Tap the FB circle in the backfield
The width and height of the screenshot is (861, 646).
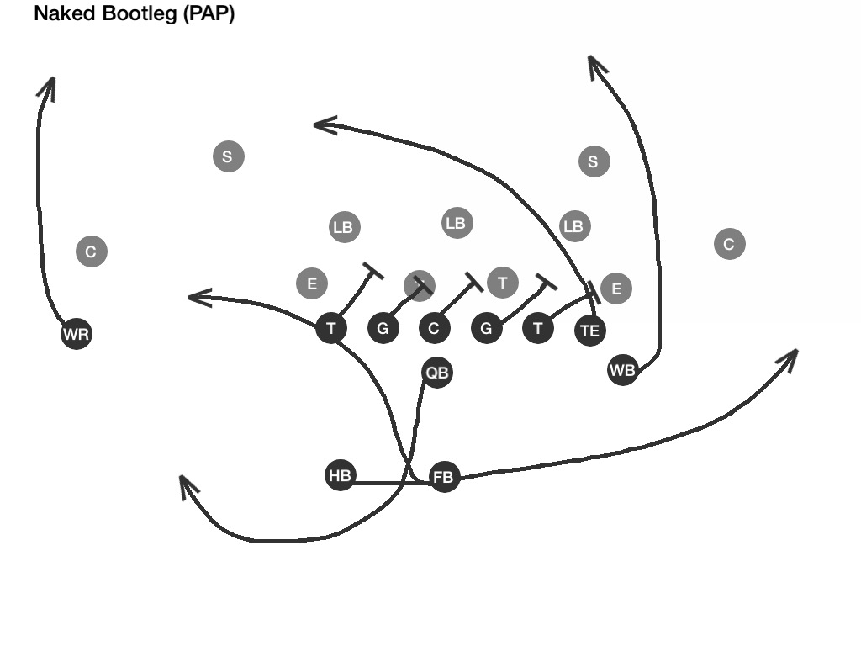pos(444,478)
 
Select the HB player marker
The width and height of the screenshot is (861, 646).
pos(340,475)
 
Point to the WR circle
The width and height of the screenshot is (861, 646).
pos(76,335)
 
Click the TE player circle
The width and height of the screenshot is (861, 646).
pos(590,331)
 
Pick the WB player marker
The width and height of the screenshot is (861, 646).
pos(622,369)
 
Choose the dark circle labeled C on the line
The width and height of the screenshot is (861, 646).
pos(434,328)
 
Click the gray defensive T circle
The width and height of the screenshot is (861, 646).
pos(503,282)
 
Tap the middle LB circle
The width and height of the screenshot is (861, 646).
pos(456,223)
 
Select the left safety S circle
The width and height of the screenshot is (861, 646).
pos(228,156)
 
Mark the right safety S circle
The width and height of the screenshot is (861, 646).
pos(594,161)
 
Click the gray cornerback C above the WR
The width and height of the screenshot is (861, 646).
pos(92,251)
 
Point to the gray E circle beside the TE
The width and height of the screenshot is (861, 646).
pos(616,289)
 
